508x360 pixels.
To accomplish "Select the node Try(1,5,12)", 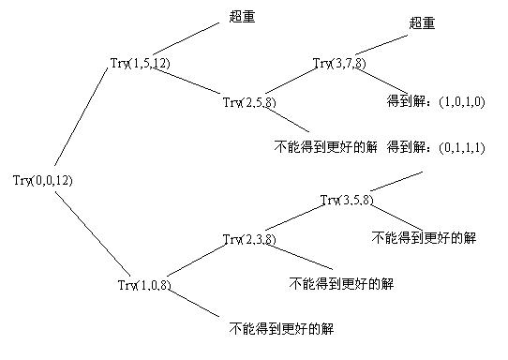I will pos(140,64).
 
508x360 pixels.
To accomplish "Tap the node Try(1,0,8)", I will pos(145,284).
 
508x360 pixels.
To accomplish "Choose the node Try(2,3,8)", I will pos(249,239).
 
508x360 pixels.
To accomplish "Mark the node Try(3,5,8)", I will pos(347,200).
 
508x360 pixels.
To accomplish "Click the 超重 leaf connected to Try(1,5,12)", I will pos(242,16).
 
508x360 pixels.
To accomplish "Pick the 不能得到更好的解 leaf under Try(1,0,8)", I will pos(282,329).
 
